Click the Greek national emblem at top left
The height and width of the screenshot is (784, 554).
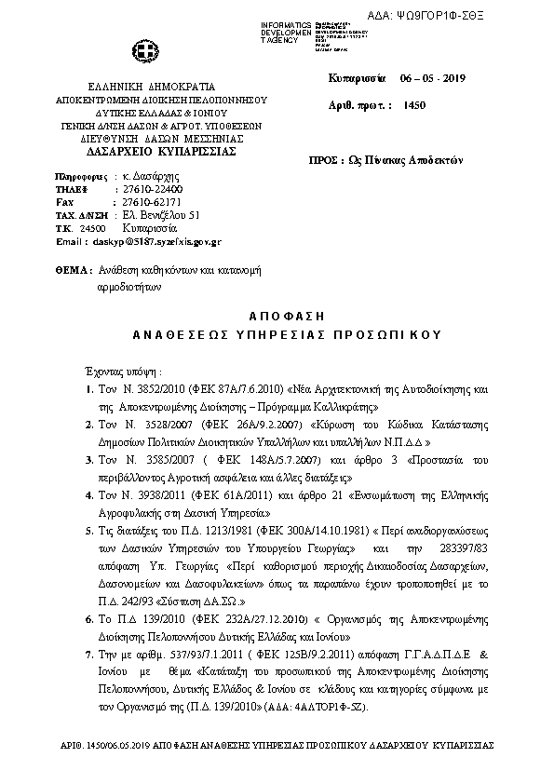pyautogui.click(x=148, y=52)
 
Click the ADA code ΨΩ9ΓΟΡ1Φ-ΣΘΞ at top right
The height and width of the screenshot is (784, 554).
pyautogui.click(x=485, y=17)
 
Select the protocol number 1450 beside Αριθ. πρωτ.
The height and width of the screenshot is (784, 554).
pyautogui.click(x=415, y=106)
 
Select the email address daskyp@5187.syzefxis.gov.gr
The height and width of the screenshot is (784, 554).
pyautogui.click(x=156, y=241)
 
